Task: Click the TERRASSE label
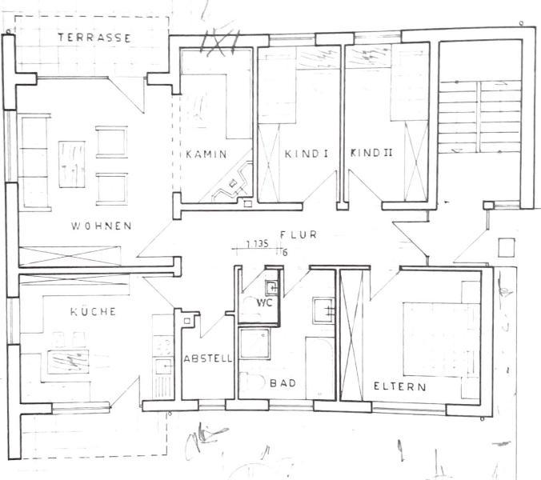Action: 94,38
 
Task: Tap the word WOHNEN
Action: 102,226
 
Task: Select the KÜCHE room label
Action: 93,312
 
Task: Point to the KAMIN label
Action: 206,154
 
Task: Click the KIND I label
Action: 307,154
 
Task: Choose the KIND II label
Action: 371,153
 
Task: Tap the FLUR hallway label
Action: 299,235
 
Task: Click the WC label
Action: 264,302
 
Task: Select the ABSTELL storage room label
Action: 208,358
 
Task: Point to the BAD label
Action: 283,382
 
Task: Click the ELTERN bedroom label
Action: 400,386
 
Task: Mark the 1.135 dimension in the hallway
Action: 257,244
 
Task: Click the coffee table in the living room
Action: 72,164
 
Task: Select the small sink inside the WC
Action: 271,287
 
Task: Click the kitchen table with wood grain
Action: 68,362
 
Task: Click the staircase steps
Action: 479,117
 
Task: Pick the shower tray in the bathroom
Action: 254,343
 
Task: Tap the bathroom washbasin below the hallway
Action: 323,310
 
